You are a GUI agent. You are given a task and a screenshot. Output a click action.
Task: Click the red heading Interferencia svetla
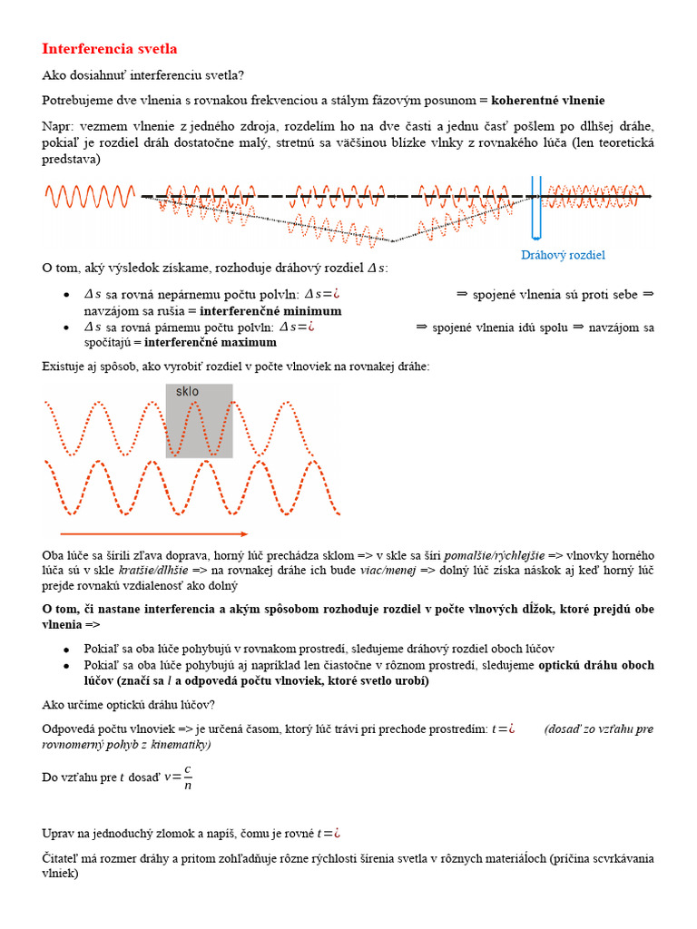coord(110,49)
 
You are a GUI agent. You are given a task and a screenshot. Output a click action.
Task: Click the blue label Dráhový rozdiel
coord(563,255)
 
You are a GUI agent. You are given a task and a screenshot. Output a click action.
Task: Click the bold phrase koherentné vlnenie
coord(548,99)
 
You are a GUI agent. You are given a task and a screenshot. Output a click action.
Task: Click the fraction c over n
coord(187,777)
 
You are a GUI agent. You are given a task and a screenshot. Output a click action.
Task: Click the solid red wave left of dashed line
coord(90,195)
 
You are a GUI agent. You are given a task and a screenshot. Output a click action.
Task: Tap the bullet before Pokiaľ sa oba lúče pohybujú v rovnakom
coord(66,650)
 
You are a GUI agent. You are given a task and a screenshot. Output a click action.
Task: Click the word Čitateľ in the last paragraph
coord(66,858)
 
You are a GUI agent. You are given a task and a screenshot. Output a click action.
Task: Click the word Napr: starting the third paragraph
coord(59,126)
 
